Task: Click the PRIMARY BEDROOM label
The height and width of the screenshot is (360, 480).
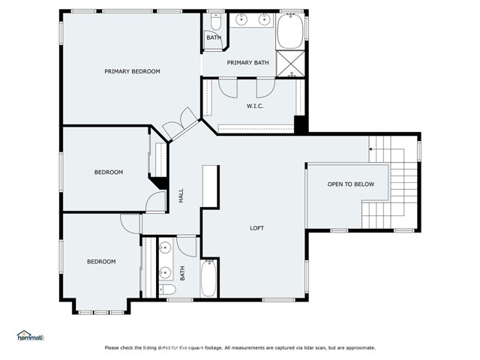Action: [x=132, y=71]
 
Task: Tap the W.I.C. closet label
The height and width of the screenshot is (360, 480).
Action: [x=255, y=106]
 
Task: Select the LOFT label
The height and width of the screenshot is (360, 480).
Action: [x=256, y=228]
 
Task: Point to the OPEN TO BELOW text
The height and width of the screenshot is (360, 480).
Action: [x=351, y=184]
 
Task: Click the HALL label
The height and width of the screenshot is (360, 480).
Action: [x=181, y=195]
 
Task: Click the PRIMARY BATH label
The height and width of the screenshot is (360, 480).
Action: [x=248, y=63]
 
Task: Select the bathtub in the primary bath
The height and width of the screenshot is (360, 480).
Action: [x=290, y=31]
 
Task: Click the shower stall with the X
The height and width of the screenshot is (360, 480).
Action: [x=290, y=64]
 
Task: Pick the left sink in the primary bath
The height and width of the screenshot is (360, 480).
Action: [x=241, y=19]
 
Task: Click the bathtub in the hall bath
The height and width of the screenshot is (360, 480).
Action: [x=208, y=278]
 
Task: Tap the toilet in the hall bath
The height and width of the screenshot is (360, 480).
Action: [x=167, y=289]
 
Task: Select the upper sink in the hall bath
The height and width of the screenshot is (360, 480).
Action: [x=165, y=247]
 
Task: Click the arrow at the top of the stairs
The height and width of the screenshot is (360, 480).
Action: [x=370, y=149]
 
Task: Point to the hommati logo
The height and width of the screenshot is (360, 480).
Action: [x=31, y=335]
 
